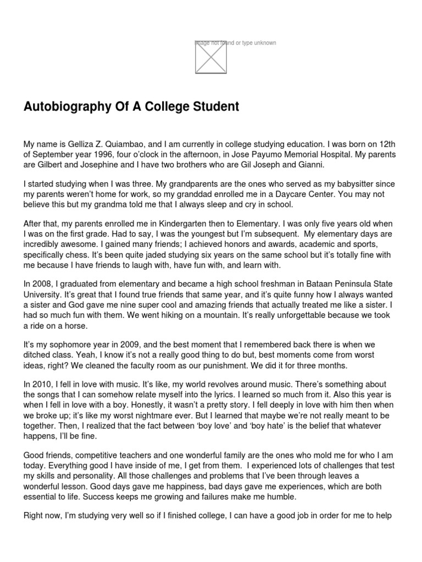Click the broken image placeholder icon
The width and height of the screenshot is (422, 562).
click(210, 57)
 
